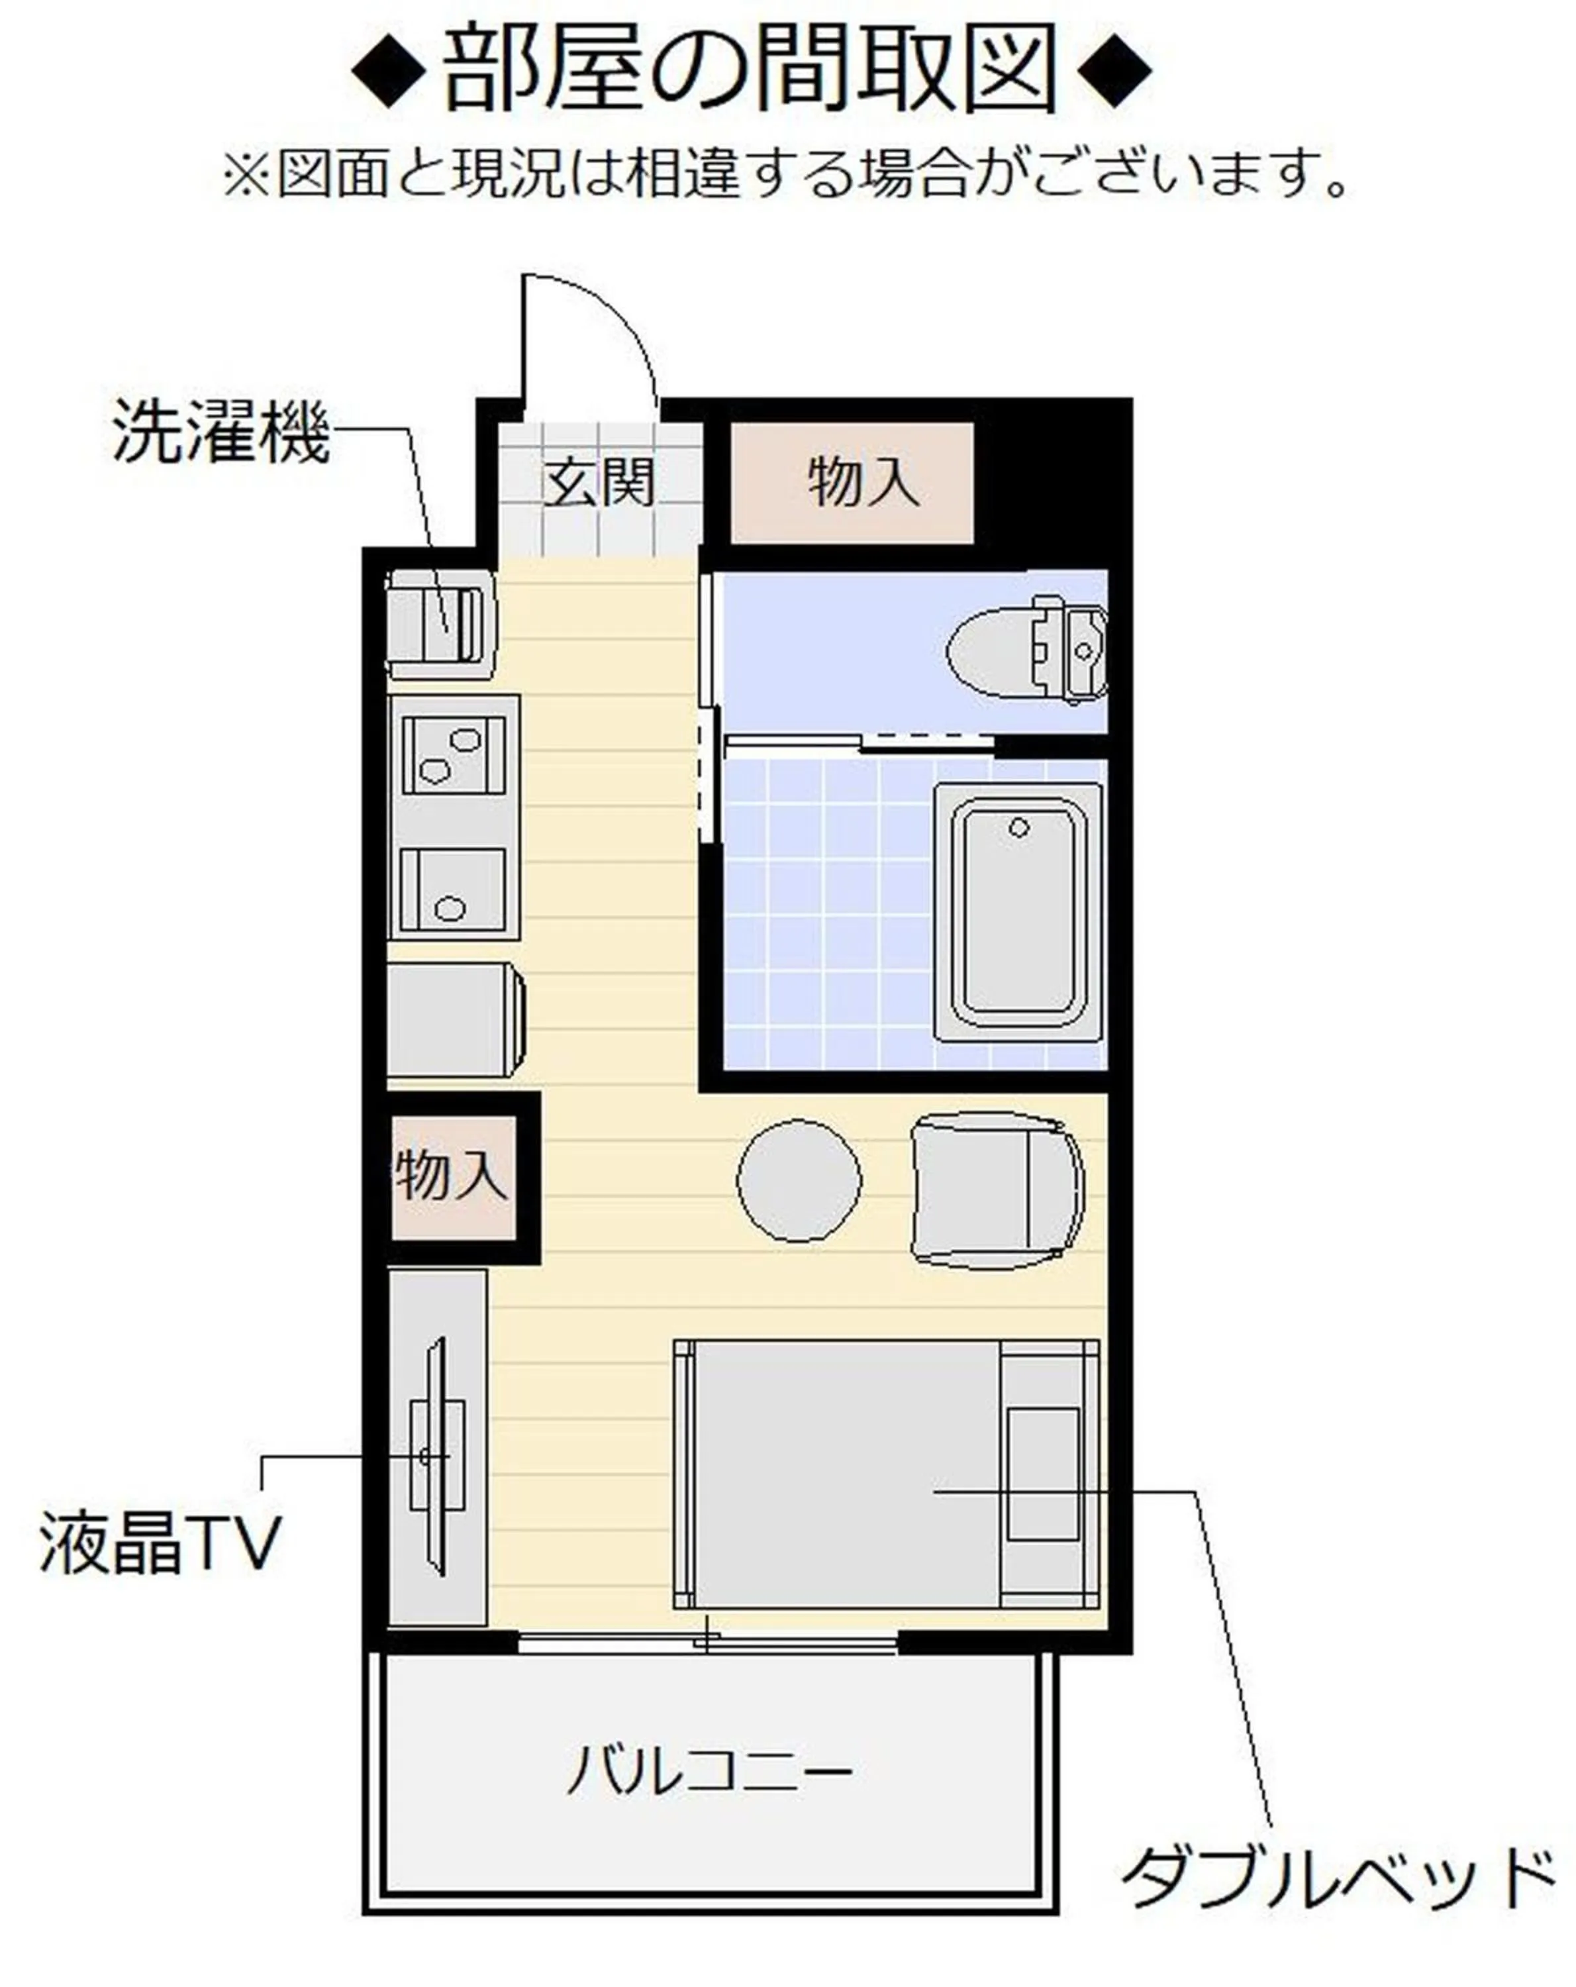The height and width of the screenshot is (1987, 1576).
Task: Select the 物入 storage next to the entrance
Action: pyautogui.click(x=852, y=483)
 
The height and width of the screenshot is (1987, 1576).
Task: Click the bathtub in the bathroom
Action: pyautogui.click(x=1018, y=913)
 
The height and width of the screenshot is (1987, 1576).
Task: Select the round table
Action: pyautogui.click(x=799, y=1180)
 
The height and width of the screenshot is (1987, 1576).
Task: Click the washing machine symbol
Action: pyautogui.click(x=440, y=623)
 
